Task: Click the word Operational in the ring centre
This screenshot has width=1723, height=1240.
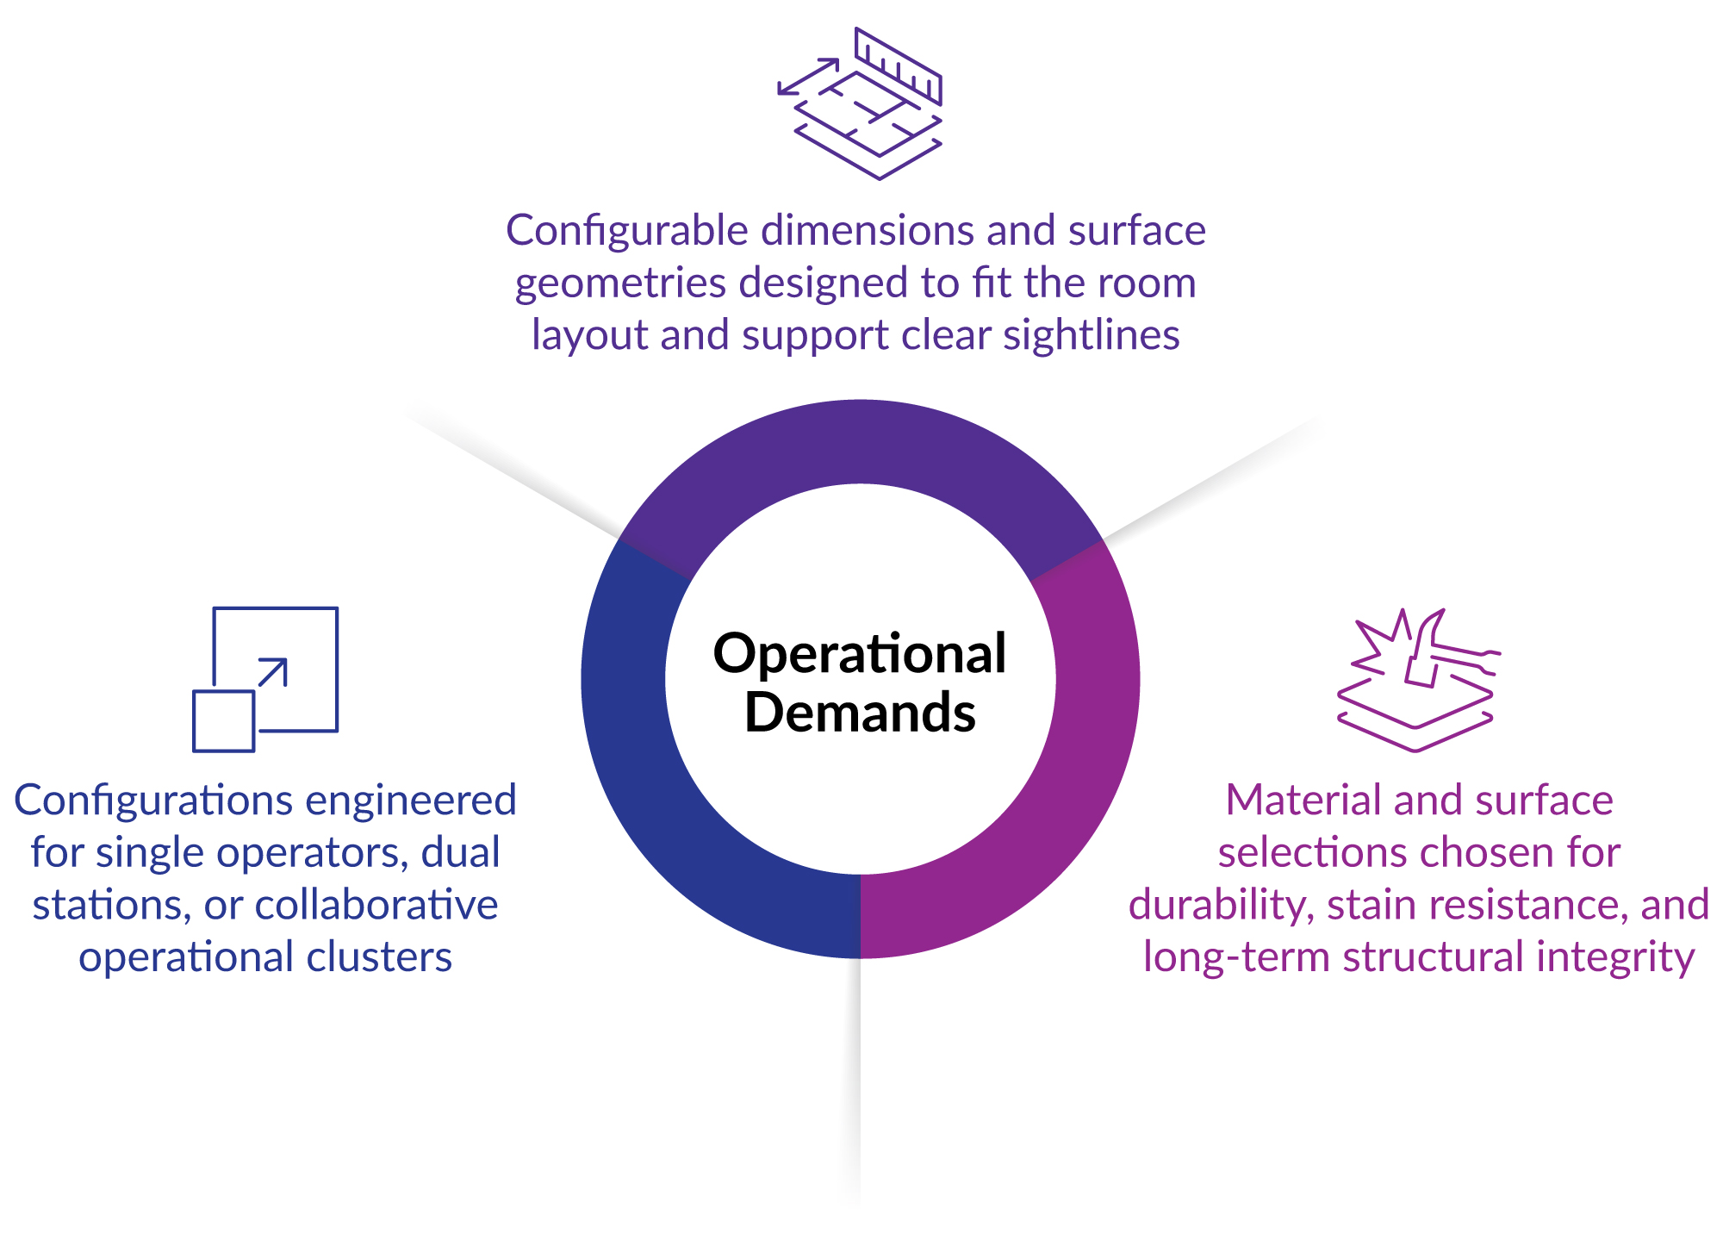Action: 859,654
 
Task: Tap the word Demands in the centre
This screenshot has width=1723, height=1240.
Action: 859,713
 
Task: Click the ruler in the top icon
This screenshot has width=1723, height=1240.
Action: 899,65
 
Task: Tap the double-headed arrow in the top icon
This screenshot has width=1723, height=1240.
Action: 809,76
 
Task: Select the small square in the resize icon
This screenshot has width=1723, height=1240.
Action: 223,721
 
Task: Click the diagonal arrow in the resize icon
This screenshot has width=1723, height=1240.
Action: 273,672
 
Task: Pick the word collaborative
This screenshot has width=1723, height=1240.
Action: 376,905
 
